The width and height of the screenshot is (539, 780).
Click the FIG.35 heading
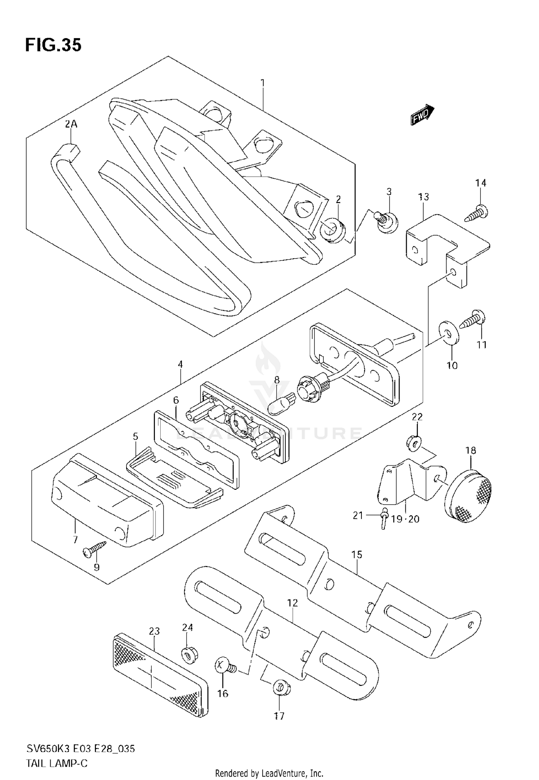click(x=53, y=45)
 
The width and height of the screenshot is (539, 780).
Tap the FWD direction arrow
click(x=422, y=115)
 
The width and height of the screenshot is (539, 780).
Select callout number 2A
click(x=71, y=125)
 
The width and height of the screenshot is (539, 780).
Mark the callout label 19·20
click(x=405, y=519)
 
